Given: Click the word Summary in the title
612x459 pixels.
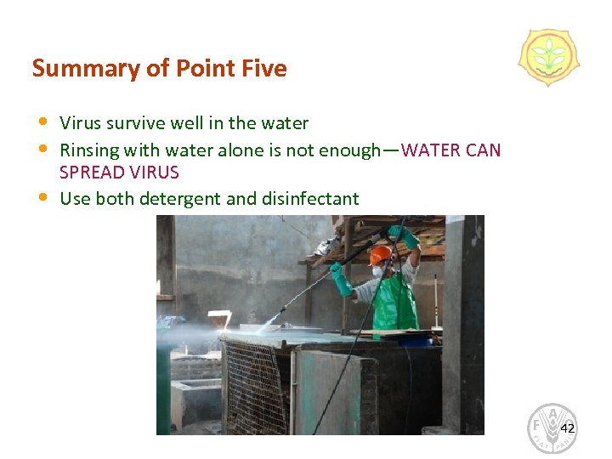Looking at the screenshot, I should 71,69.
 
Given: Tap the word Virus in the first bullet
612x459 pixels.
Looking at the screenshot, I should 80,123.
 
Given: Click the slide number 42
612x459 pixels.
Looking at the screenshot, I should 567,428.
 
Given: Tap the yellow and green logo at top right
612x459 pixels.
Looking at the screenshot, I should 548,57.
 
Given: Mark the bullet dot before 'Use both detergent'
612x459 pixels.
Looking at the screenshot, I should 43,197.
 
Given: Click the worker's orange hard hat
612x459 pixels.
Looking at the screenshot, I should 381,254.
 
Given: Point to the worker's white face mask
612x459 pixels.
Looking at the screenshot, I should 377,271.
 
